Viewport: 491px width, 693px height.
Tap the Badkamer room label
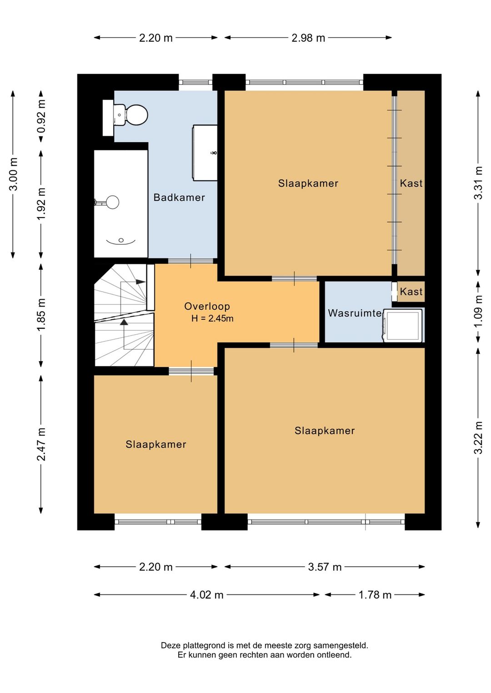click(x=179, y=198)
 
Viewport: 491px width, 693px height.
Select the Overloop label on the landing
click(x=207, y=306)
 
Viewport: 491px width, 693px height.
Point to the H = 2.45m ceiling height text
click(x=212, y=318)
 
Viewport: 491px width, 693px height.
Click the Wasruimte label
click(x=355, y=313)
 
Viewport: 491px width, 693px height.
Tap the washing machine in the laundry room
click(x=403, y=325)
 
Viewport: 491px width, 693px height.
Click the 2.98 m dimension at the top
click(x=308, y=38)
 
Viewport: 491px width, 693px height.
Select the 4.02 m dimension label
click(x=206, y=594)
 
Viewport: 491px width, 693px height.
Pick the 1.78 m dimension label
click(x=375, y=594)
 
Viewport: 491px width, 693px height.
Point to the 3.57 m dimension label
click(x=325, y=567)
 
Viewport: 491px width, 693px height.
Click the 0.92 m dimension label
click(x=41, y=116)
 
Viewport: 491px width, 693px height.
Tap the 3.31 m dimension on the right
click(x=478, y=183)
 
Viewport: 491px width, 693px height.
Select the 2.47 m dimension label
click(x=41, y=444)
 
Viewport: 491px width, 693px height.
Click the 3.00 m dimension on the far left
click(x=13, y=174)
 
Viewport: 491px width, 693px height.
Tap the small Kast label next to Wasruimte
click(x=411, y=292)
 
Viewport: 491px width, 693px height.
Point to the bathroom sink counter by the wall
click(x=205, y=153)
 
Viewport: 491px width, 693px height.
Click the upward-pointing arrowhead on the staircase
click(x=124, y=322)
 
